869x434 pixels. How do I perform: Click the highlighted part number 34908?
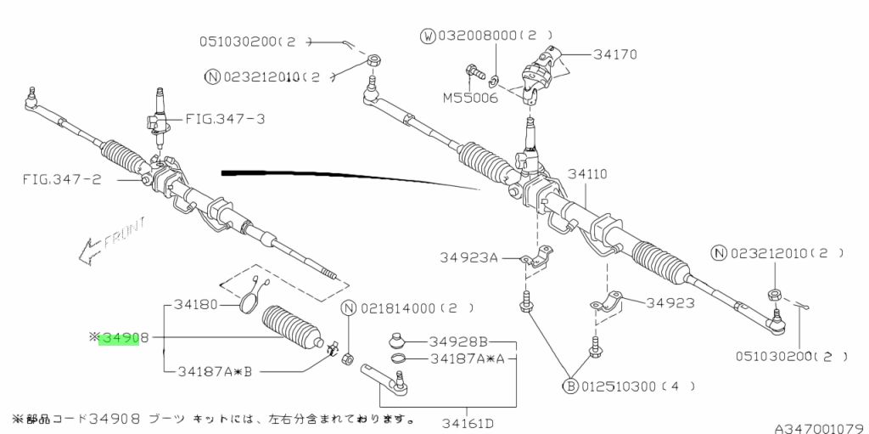[119, 338]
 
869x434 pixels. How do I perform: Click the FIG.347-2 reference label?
[60, 179]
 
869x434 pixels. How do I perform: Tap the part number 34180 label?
[196, 304]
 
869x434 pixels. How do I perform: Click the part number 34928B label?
[458, 341]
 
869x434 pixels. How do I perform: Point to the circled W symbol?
[427, 37]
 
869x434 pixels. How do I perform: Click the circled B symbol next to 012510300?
[571, 387]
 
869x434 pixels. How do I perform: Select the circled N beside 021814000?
[348, 307]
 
